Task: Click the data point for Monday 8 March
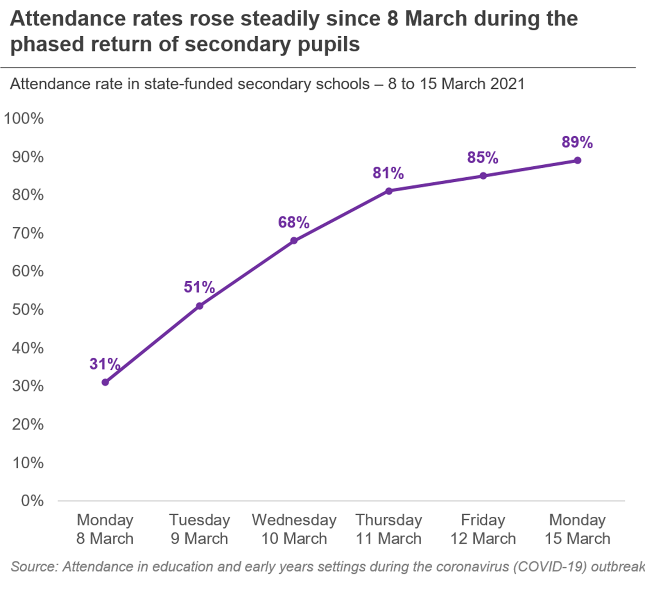tap(105, 382)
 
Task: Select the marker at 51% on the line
tap(199, 306)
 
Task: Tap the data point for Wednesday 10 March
tap(294, 241)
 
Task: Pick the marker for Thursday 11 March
tap(389, 191)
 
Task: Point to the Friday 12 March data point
tap(483, 176)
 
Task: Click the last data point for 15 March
tap(578, 161)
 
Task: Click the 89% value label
tap(577, 142)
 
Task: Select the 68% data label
tap(294, 223)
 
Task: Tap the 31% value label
tap(105, 364)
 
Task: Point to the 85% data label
tap(483, 158)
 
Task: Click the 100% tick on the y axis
tap(24, 119)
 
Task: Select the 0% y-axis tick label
tap(32, 501)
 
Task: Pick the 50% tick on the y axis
tap(28, 310)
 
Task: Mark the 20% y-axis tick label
tap(28, 425)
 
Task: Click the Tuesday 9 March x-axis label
tap(199, 529)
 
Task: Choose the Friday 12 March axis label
tap(483, 529)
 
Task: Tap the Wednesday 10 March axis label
tap(294, 529)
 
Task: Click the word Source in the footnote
tap(33, 567)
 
